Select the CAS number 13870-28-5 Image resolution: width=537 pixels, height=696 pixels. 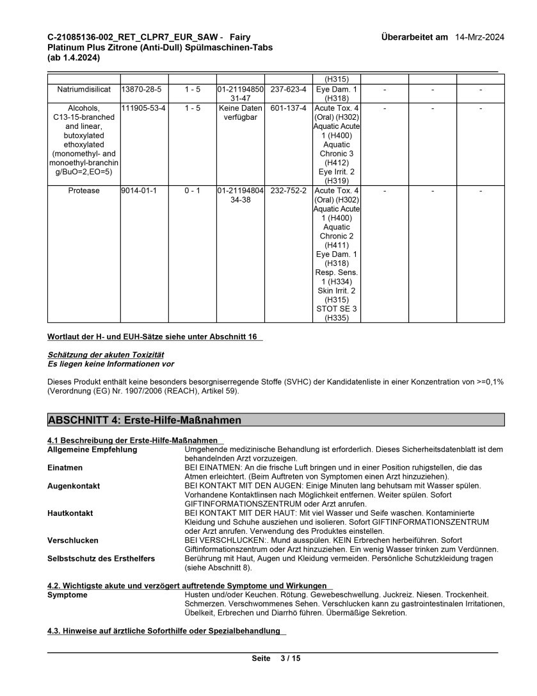[x=141, y=89]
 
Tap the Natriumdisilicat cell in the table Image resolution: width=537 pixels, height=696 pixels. [x=84, y=89]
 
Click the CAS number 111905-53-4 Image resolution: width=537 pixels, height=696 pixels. [x=144, y=108]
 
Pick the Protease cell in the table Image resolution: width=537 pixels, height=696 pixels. [x=84, y=191]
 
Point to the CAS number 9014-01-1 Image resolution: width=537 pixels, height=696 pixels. [x=134, y=191]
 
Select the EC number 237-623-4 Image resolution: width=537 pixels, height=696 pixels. [x=289, y=89]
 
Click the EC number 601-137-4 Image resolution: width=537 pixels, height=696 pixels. [x=289, y=108]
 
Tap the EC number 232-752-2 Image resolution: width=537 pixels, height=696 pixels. [x=289, y=191]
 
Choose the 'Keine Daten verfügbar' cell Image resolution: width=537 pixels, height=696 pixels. [x=241, y=113]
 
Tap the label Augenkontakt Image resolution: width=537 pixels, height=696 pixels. [x=74, y=486]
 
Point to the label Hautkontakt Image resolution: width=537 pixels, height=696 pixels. [x=70, y=513]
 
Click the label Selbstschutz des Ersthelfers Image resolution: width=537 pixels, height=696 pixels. [x=101, y=559]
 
